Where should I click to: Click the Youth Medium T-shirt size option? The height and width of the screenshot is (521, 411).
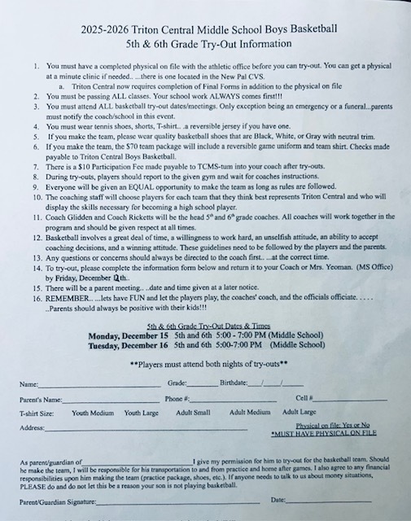(x=92, y=413)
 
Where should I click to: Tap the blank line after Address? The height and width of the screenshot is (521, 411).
(x=146, y=429)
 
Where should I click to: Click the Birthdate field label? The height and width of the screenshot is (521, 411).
(x=236, y=383)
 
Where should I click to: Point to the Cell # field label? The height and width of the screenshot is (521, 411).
(x=303, y=399)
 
